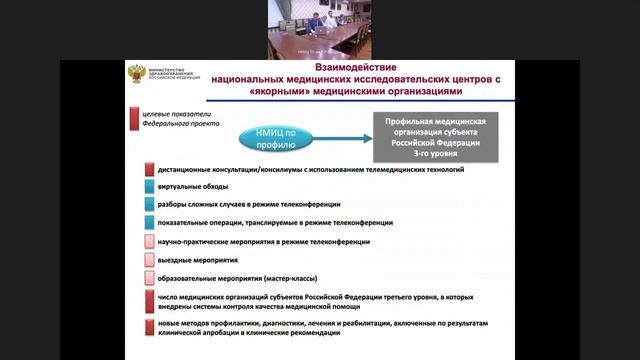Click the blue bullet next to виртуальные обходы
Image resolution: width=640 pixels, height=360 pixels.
tap(149, 187)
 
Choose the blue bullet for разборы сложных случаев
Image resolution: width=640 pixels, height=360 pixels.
tap(149, 205)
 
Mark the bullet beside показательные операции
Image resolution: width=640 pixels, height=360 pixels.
tap(149, 223)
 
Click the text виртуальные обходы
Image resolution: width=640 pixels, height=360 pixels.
tap(193, 187)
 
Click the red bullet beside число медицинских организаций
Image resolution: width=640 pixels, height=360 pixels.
tap(149, 302)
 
